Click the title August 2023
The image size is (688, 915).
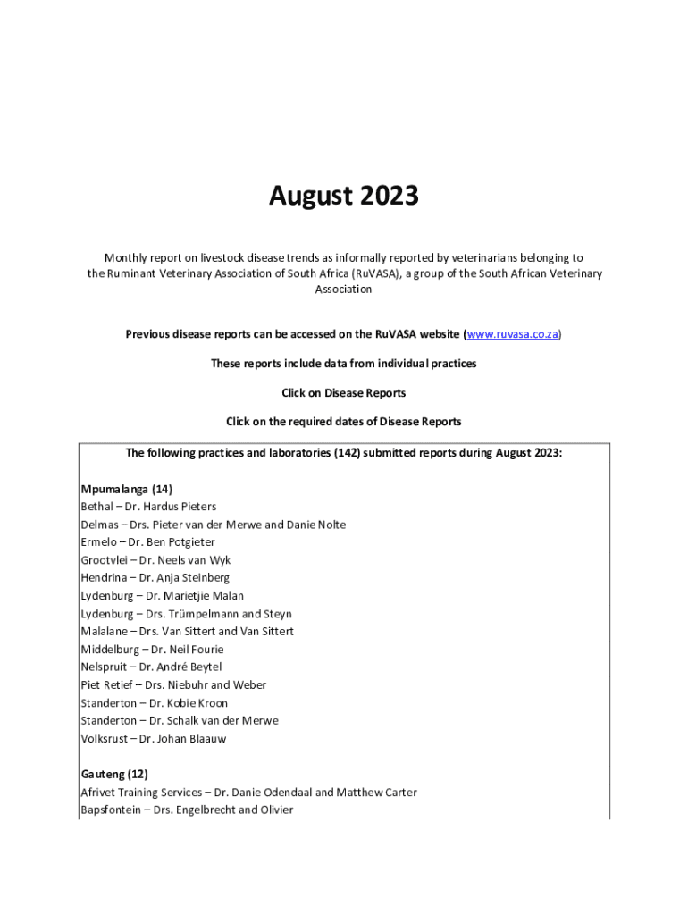tap(344, 196)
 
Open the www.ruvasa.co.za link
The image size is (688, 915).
tap(513, 334)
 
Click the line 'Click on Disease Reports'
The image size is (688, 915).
tap(344, 392)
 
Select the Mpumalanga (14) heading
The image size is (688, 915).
tap(126, 489)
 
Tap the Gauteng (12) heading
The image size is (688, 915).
tap(114, 774)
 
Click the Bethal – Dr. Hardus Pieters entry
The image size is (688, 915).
tap(148, 507)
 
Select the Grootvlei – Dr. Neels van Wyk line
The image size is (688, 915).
tap(155, 560)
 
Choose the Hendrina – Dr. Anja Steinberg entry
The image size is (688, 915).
tap(155, 578)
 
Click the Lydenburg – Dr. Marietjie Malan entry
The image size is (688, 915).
tap(162, 596)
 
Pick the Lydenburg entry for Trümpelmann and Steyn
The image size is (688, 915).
tap(186, 614)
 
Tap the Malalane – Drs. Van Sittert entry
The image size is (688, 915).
tap(187, 631)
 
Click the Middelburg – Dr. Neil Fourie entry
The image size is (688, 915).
tap(152, 650)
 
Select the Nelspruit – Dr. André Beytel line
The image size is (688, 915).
tap(151, 667)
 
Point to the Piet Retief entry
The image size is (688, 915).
tap(173, 684)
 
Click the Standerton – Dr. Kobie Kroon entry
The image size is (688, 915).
tap(154, 703)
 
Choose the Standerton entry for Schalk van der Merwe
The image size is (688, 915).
tap(179, 720)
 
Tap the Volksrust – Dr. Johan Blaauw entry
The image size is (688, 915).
tap(154, 739)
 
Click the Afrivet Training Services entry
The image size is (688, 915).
tap(248, 793)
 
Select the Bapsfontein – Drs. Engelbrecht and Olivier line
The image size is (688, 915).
tap(187, 810)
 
